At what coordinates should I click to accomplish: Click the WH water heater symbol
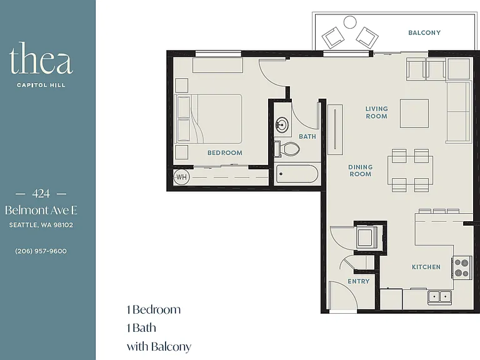[181, 177]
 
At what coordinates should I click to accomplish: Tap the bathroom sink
[282, 125]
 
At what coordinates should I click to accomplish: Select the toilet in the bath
[286, 149]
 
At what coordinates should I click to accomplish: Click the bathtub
[297, 174]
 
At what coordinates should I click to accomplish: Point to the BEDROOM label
[225, 152]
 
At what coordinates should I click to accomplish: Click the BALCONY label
[424, 32]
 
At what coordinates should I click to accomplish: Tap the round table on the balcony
[350, 22]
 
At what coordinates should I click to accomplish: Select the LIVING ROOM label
[376, 112]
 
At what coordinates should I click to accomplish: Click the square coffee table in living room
[414, 113]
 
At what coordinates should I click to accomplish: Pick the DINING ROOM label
[360, 171]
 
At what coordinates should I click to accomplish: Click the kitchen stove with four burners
[462, 267]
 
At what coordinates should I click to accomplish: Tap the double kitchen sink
[439, 297]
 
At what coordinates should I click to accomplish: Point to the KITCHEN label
[426, 267]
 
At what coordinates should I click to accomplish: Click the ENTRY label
[359, 281]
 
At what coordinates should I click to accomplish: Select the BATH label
[307, 136]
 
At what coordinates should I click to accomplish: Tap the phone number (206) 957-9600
[41, 251]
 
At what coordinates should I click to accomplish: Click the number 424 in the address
[41, 194]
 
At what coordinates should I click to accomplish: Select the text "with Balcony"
[159, 346]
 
